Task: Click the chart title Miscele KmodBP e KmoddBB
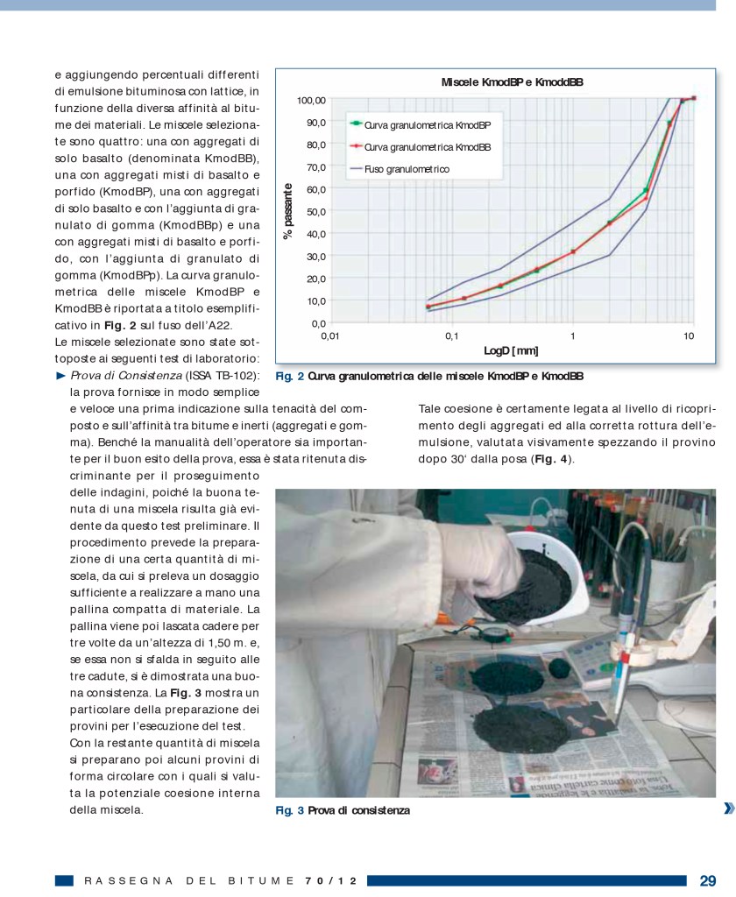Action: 513,81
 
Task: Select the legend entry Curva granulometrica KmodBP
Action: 428,125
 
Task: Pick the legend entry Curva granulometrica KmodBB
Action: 428,146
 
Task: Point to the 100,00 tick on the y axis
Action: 309,100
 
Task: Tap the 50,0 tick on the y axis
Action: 315,211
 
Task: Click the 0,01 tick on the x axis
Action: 329,335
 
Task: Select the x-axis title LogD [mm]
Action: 511,350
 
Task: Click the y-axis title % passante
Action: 287,211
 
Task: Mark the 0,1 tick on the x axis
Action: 451,335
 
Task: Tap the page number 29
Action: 708,879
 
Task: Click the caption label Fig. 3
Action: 289,810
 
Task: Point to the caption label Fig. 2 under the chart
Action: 289,378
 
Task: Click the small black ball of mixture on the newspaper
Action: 560,672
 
